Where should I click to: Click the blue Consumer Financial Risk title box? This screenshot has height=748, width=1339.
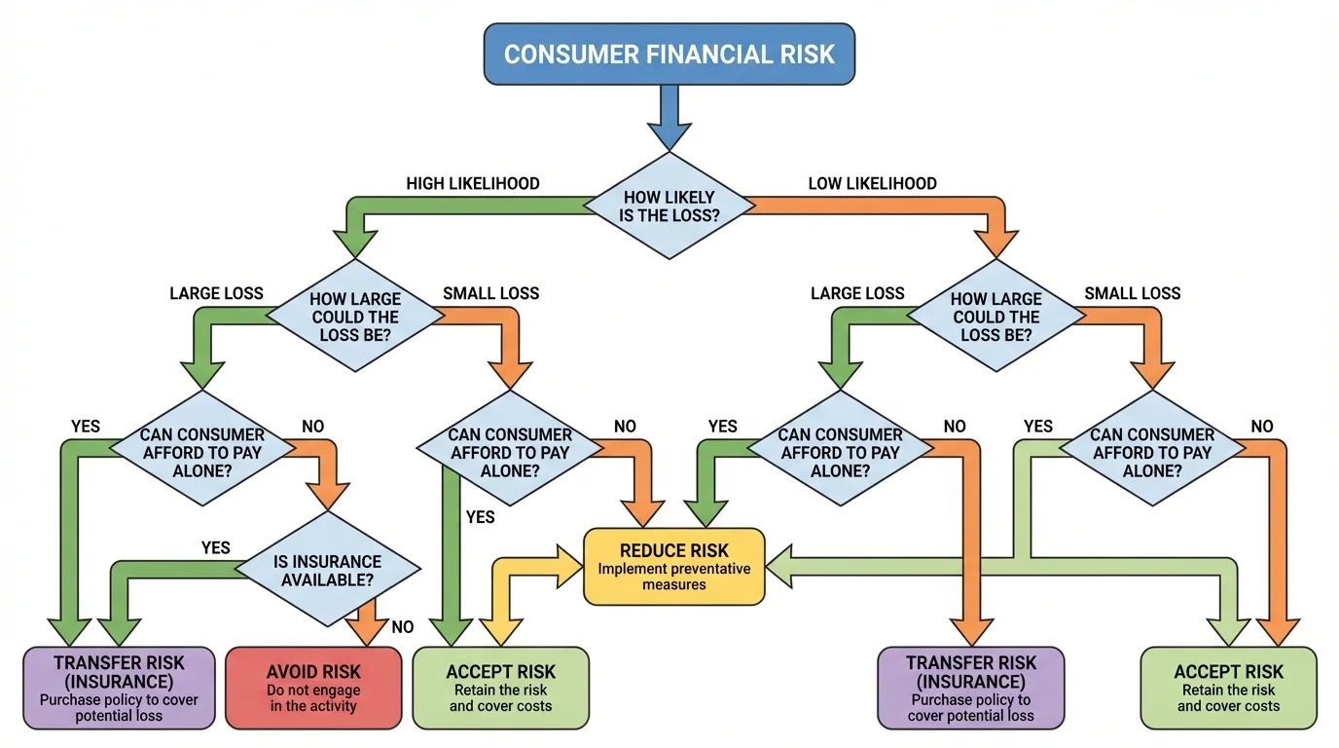pos(669,54)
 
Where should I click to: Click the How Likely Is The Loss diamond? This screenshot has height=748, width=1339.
pos(669,206)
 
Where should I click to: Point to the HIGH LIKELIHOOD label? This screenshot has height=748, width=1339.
pos(473,183)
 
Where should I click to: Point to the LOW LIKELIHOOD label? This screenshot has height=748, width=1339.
pos(873,183)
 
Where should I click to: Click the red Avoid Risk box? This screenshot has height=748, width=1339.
pos(313,688)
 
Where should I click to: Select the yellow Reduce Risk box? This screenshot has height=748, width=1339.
pos(674,566)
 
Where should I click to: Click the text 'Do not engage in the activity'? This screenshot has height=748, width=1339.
pos(313,698)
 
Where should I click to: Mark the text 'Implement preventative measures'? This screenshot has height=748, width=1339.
pos(674,577)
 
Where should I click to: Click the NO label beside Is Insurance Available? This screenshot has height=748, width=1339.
pos(402,627)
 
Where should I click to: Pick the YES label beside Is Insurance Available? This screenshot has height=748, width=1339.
pos(215,547)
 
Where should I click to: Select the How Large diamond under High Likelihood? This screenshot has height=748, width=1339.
pos(354,317)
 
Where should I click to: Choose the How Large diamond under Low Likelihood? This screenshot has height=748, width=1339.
pos(996,317)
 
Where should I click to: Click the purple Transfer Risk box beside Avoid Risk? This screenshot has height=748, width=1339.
pos(119,688)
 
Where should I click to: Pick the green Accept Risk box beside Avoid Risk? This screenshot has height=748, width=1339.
pos(500,688)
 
